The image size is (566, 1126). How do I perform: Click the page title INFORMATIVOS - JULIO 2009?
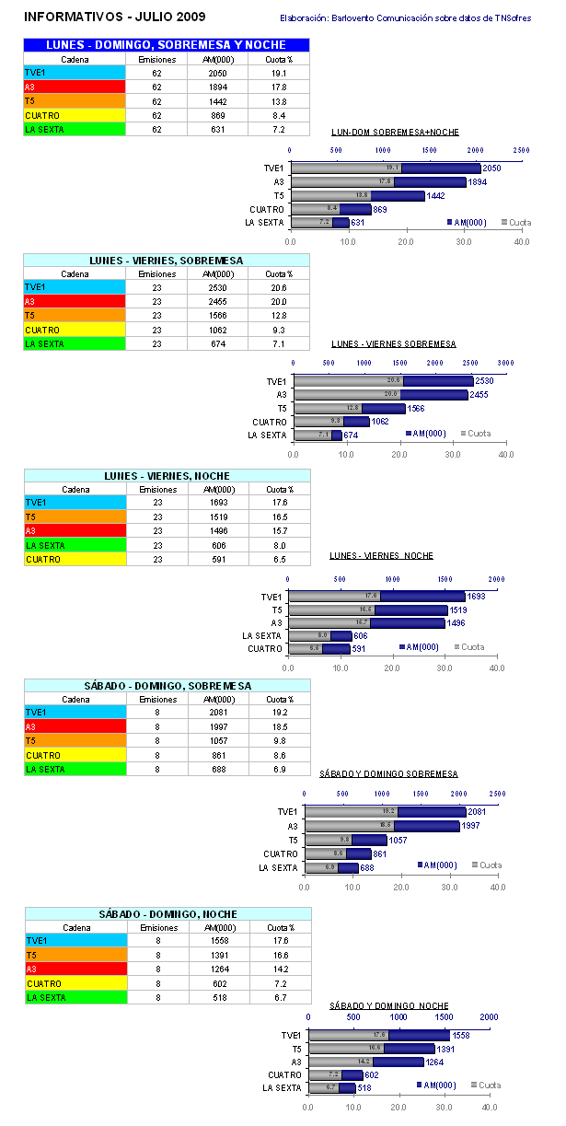(x=114, y=17)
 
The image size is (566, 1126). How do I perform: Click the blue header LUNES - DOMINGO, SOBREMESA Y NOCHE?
(x=167, y=44)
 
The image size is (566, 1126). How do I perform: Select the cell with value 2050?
(x=217, y=72)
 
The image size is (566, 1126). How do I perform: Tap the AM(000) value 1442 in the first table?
(x=217, y=100)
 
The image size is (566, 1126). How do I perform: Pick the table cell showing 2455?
(x=217, y=301)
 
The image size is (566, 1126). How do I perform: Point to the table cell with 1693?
(x=217, y=503)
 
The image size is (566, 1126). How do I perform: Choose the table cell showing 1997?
(x=217, y=726)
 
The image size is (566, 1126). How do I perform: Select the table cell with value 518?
(x=217, y=997)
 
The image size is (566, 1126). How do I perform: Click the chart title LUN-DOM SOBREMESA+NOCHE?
(x=395, y=132)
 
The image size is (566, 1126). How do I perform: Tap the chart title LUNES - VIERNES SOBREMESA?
(x=393, y=343)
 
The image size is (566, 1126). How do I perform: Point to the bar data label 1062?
(x=382, y=422)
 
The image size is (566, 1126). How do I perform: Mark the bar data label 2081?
(x=477, y=811)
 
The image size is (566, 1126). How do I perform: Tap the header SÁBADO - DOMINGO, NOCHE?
(x=167, y=914)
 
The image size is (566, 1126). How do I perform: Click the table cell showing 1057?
(x=217, y=740)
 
